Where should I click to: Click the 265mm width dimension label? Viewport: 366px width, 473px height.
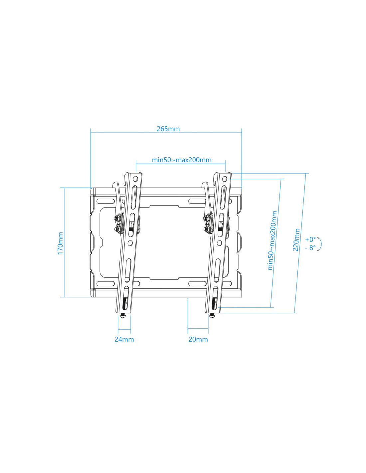click(x=168, y=129)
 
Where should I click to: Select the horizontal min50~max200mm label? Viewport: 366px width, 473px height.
click(x=182, y=160)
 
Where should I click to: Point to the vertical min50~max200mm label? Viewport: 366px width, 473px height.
click(x=273, y=240)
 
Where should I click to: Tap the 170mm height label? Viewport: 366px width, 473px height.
click(x=60, y=243)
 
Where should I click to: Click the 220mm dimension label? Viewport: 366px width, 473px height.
click(x=296, y=239)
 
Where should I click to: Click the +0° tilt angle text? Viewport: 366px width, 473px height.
click(x=310, y=239)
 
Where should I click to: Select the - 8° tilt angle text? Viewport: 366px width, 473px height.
click(x=310, y=247)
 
